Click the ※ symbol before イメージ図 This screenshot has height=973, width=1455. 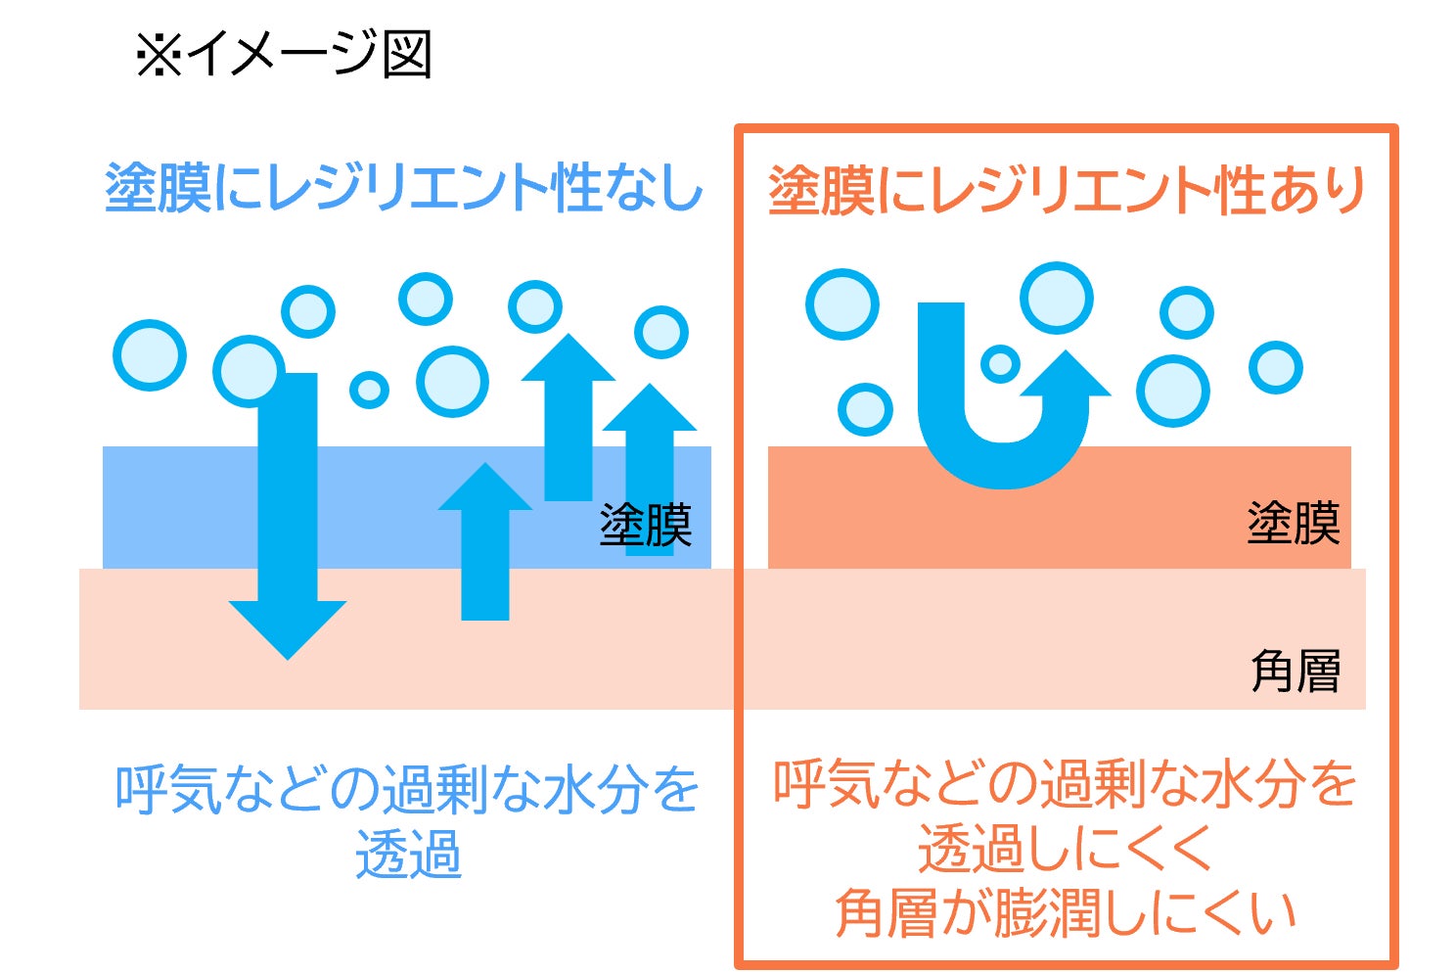click(x=159, y=55)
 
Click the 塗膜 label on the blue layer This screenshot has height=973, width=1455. click(x=646, y=526)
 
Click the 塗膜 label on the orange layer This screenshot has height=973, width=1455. click(x=1293, y=524)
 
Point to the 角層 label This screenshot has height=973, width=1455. click(x=1295, y=672)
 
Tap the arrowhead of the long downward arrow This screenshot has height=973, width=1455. click(x=288, y=626)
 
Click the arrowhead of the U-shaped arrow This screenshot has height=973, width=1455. click(x=1066, y=377)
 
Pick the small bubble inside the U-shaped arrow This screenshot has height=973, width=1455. click(x=1000, y=363)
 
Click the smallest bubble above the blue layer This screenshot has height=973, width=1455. click(x=369, y=390)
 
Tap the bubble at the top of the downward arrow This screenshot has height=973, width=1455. click(x=249, y=371)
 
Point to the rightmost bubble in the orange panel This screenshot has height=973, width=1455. click(x=1275, y=367)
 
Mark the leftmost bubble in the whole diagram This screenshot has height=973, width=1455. click(x=150, y=354)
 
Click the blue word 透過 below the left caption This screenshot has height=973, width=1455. click(x=408, y=856)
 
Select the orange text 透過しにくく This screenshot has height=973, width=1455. click(x=1066, y=848)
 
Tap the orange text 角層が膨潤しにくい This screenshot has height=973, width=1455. click(x=1066, y=912)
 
